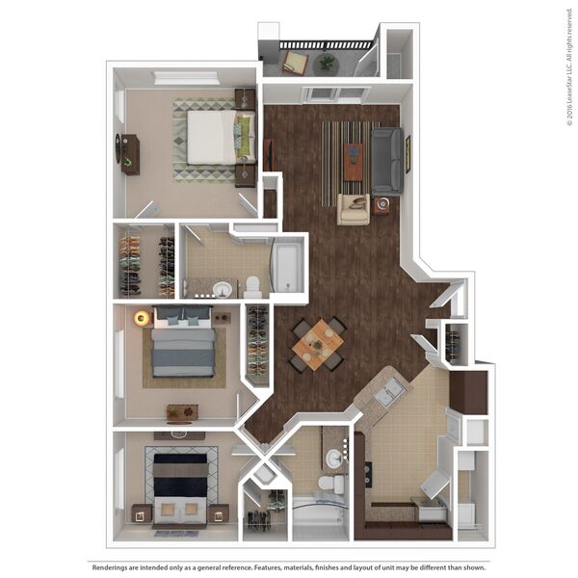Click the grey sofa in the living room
(x=386, y=161)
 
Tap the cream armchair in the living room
(x=354, y=209)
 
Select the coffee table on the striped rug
(x=353, y=162)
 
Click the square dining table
(x=317, y=345)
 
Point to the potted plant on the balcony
(x=327, y=65)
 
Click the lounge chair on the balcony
(x=296, y=63)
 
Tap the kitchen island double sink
(x=388, y=392)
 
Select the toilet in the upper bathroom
(x=252, y=287)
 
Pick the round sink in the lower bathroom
(x=335, y=459)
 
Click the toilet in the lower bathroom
(x=331, y=484)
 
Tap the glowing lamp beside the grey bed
(x=142, y=317)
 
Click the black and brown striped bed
(x=180, y=488)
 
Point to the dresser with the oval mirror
(x=127, y=154)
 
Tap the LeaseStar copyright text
(x=569, y=67)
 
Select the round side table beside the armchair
(x=383, y=205)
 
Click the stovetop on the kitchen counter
(x=368, y=474)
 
